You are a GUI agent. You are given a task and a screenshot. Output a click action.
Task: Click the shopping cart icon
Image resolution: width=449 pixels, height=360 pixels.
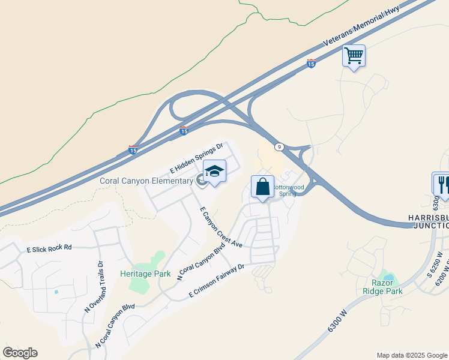(x=354, y=56)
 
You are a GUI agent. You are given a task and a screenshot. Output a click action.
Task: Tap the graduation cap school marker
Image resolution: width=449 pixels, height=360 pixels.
(x=214, y=172)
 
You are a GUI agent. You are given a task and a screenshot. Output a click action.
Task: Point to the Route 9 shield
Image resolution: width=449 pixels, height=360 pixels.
(x=280, y=146)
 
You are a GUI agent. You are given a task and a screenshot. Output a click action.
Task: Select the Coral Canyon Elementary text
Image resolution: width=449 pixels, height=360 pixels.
(x=146, y=181)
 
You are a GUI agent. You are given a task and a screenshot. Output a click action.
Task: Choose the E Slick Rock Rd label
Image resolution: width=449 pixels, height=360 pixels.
(x=49, y=247)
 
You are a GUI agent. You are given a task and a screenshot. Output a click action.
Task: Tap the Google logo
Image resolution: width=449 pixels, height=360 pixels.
(x=20, y=353)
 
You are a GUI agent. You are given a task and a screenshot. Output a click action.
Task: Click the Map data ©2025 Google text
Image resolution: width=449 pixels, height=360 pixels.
(x=411, y=355)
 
